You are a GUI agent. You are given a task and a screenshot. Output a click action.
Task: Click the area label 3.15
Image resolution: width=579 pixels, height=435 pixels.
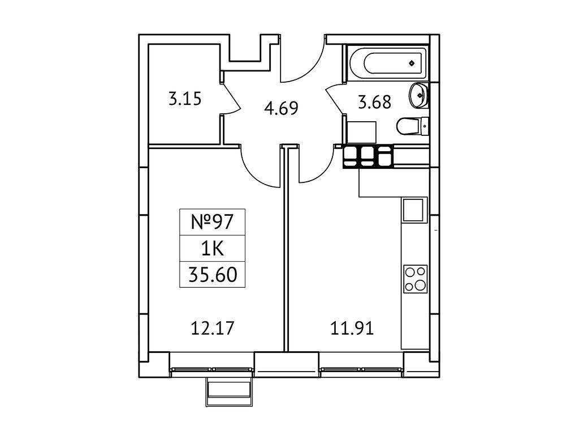tap(185, 99)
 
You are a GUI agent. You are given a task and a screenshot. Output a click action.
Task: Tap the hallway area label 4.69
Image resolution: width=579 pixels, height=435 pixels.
tap(282, 108)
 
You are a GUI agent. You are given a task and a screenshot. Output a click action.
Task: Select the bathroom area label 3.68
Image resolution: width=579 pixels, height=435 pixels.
tap(374, 102)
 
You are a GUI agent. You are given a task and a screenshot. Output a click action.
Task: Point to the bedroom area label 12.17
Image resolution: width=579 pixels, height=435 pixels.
tap(213, 328)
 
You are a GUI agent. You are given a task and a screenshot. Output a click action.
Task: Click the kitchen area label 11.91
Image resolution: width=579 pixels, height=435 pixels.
tap(352, 328)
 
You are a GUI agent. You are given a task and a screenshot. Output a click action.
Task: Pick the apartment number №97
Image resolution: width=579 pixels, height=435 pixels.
tap(213, 222)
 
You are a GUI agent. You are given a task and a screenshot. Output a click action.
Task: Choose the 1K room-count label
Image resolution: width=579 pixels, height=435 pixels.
tap(213, 249)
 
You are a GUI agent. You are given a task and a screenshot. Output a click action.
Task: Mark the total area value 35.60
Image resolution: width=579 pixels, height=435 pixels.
tap(213, 275)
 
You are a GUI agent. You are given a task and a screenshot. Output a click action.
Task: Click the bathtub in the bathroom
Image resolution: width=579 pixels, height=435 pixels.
tap(387, 63)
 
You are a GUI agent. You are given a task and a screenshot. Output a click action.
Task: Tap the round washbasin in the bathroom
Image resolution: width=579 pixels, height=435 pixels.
tap(418, 95)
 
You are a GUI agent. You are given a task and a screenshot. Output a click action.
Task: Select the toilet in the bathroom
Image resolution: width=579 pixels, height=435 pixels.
tap(412, 126)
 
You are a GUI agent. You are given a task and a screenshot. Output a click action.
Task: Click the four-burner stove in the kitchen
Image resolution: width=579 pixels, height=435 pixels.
tap(416, 279)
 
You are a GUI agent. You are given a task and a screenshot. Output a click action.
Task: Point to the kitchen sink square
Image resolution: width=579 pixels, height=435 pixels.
tap(413, 210)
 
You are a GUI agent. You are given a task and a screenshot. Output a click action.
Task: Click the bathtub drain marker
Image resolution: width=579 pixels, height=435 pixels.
tap(412, 63)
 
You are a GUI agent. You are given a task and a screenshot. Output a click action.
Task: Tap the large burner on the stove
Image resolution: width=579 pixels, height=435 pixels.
tap(421, 285)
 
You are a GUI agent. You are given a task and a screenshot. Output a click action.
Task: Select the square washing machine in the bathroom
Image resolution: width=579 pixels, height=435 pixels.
tap(361, 133)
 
